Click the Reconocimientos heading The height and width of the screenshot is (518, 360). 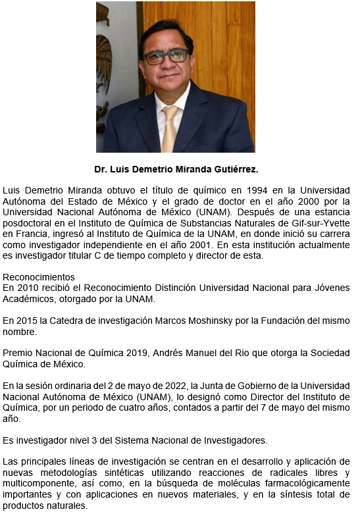click(39, 277)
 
